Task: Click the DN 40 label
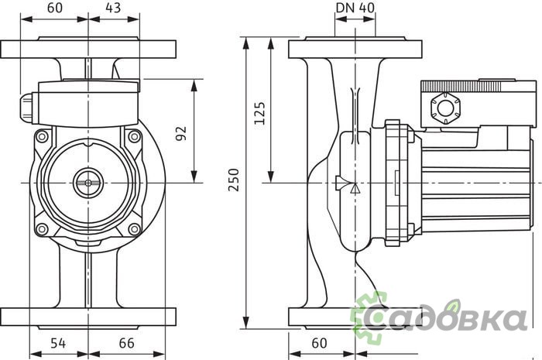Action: coord(355,8)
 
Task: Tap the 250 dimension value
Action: coord(234,180)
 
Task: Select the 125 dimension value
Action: coord(259,112)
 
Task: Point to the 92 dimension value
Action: coord(180,133)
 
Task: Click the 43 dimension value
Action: coord(113,8)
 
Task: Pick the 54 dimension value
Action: coord(58,343)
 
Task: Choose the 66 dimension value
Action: coord(126,343)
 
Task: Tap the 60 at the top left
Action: coord(55,8)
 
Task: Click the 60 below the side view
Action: coord(319,343)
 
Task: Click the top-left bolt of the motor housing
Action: coord(42,136)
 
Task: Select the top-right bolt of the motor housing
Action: coord(134,136)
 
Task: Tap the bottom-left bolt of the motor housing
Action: coord(42,228)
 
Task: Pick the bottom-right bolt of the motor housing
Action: coord(134,228)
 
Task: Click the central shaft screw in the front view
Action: coord(88,183)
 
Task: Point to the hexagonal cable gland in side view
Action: coord(445,108)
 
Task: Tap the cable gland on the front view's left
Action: coord(26,108)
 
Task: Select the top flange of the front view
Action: coord(88,48)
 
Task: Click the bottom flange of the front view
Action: coord(88,318)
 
